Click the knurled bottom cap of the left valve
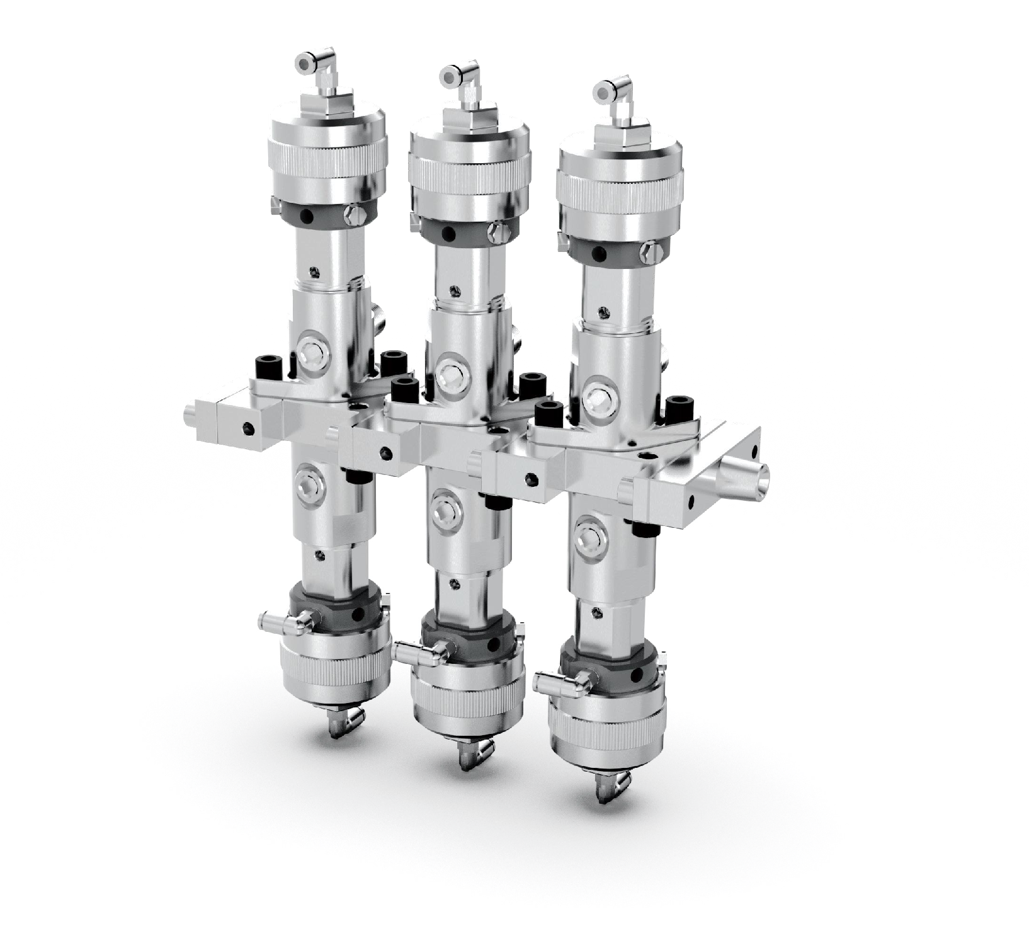click(333, 668)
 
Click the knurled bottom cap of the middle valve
click(466, 699)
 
